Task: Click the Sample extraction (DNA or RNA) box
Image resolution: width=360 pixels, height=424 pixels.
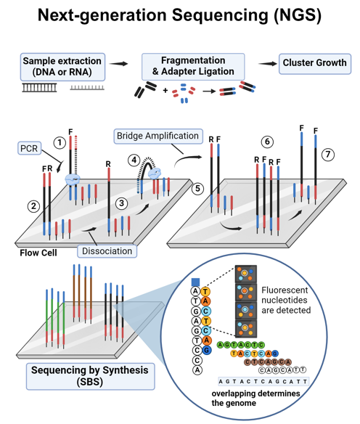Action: tap(62, 67)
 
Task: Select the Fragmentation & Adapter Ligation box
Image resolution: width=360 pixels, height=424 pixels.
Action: tap(193, 66)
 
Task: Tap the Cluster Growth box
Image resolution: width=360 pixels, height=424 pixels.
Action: tap(315, 64)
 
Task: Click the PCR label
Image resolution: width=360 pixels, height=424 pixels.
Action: tap(30, 148)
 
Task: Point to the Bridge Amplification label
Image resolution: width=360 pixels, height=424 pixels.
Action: tap(158, 136)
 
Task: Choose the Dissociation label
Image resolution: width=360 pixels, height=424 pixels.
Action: tap(107, 251)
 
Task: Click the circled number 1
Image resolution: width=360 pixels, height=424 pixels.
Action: tap(60, 143)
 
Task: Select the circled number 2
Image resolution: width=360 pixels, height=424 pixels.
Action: tap(33, 206)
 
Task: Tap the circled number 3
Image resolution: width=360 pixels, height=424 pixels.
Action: tap(122, 203)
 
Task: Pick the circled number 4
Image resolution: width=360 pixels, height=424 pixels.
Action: tap(134, 160)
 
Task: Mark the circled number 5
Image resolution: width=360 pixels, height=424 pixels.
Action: tap(198, 189)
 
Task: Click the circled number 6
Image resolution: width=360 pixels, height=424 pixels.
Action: tap(267, 142)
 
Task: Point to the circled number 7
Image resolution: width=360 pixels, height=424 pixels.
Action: tap(328, 155)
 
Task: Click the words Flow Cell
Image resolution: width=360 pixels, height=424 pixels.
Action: tap(38, 253)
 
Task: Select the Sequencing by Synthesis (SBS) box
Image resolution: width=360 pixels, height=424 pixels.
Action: tap(90, 376)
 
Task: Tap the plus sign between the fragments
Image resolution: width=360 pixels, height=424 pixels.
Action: tap(165, 90)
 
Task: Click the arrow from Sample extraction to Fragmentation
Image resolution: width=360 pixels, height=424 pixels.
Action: tap(118, 64)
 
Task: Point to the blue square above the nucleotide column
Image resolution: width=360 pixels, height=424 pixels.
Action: tap(195, 282)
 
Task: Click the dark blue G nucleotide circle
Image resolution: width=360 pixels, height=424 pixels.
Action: tap(206, 351)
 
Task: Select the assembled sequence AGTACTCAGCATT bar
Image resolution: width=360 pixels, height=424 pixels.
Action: tap(263, 381)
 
